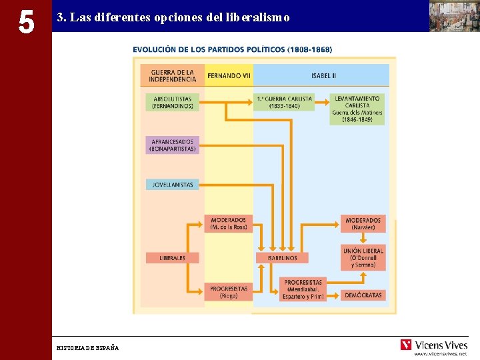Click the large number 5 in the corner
point(26,23)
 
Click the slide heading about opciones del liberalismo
point(173,17)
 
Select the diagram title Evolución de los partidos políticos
point(232,49)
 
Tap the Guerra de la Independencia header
point(172,75)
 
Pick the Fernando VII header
point(229,75)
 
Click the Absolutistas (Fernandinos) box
point(172,102)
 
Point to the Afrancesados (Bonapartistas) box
point(172,145)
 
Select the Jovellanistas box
point(172,185)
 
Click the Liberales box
point(172,257)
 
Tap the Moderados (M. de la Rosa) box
point(228,223)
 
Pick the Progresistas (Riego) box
point(228,292)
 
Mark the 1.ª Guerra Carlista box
point(283,102)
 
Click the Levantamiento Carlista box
point(357,109)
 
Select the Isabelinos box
point(282,257)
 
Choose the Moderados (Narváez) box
point(363,223)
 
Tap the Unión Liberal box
point(363,258)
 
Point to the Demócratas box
point(364,295)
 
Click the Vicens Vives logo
point(433,345)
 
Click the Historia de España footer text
point(88,348)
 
